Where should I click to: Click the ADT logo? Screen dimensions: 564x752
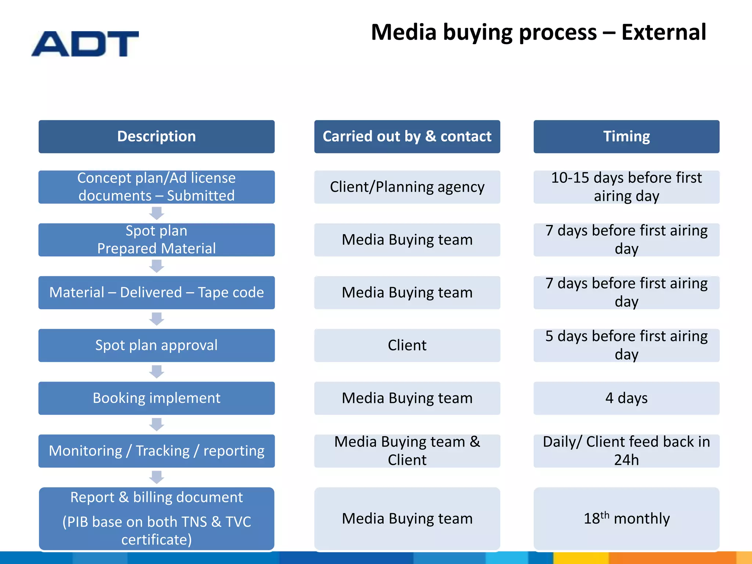click(85, 44)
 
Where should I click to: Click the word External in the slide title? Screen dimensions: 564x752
click(664, 32)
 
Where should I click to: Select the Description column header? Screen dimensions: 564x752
click(156, 137)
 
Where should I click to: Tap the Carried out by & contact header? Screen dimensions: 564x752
click(407, 137)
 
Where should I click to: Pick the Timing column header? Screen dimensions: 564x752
click(626, 137)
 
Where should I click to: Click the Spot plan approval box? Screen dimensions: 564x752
click(156, 346)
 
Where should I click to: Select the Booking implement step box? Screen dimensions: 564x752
click(156, 398)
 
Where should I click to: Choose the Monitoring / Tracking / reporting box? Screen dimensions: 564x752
click(156, 451)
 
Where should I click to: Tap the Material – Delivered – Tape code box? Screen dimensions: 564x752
click(156, 293)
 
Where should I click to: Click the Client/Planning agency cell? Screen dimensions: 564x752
click(407, 187)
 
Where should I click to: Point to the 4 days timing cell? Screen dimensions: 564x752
click(626, 398)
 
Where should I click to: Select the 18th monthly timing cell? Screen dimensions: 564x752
click(626, 518)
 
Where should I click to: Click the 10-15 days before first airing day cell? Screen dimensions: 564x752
click(626, 187)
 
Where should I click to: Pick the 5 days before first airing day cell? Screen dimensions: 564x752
click(626, 346)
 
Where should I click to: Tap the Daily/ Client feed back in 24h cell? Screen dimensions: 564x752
click(626, 451)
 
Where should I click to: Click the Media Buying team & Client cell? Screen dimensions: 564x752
click(407, 451)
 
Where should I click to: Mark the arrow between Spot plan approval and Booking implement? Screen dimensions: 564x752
click(157, 372)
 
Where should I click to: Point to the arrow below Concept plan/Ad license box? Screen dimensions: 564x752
click(157, 213)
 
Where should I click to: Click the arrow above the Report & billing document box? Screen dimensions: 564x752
click(157, 477)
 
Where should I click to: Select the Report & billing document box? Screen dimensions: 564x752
click(156, 518)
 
